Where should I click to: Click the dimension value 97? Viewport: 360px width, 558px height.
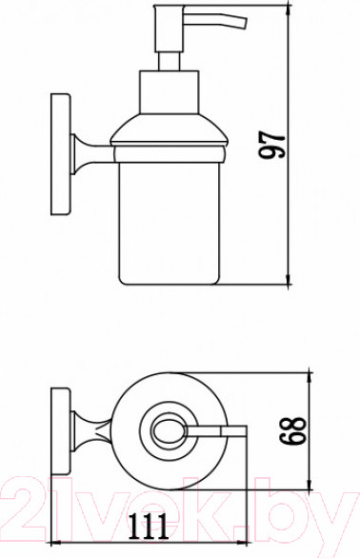pos(274,145)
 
